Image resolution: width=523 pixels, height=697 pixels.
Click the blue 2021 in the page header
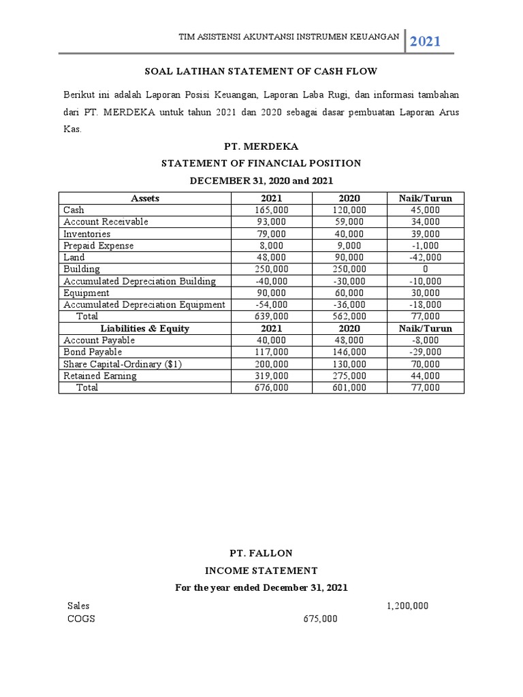pyautogui.click(x=425, y=42)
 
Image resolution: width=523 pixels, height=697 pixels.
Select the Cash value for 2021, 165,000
pyautogui.click(x=272, y=210)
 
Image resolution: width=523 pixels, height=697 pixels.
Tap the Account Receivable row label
pyautogui.click(x=106, y=222)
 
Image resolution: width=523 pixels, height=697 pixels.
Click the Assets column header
pyautogui.click(x=145, y=199)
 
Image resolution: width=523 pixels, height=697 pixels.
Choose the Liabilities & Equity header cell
pyautogui.click(x=145, y=328)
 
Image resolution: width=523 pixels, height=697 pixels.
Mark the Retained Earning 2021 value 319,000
pyautogui.click(x=272, y=376)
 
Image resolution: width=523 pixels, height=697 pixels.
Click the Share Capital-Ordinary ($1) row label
pyautogui.click(x=123, y=364)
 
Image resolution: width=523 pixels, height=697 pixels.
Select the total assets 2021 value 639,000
pyautogui.click(x=272, y=317)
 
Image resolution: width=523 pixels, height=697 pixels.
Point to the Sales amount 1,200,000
pyautogui.click(x=407, y=605)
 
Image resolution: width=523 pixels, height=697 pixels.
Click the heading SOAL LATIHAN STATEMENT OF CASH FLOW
pyautogui.click(x=261, y=71)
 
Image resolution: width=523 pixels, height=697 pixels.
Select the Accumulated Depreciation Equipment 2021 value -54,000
pyautogui.click(x=272, y=304)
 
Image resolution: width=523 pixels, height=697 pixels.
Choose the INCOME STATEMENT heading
pyautogui.click(x=261, y=570)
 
